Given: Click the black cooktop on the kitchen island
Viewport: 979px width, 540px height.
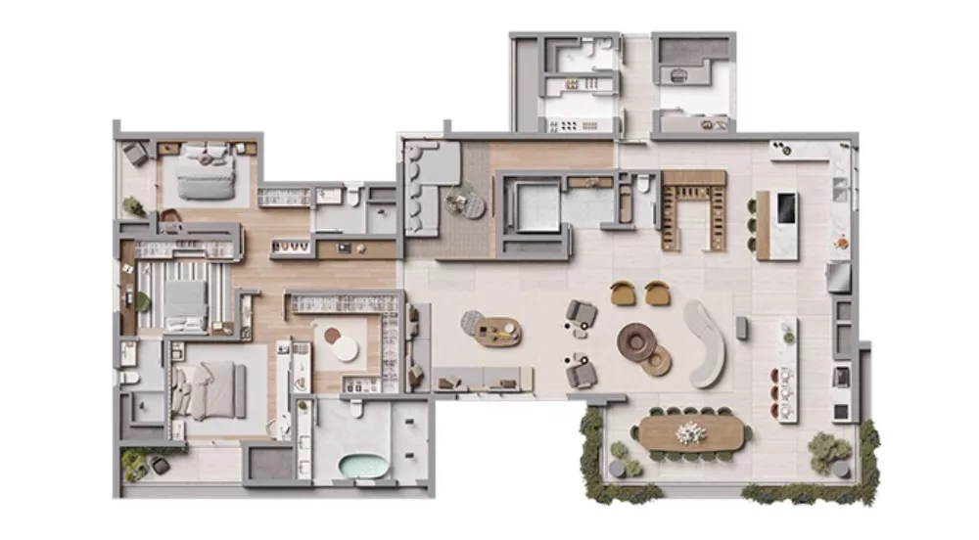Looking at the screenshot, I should pos(785,207).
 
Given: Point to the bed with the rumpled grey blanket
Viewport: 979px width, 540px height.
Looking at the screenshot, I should pos(210,389).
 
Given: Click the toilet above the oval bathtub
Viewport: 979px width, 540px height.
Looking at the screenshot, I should pos(356,407).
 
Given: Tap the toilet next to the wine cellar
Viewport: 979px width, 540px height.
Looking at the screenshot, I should pos(644,184).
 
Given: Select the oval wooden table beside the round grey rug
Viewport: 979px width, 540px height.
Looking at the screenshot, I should pos(498,332).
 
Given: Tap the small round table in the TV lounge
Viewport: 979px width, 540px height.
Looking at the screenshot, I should pos(458,202).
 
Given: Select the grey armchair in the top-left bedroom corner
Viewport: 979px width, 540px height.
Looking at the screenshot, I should pos(136,154).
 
